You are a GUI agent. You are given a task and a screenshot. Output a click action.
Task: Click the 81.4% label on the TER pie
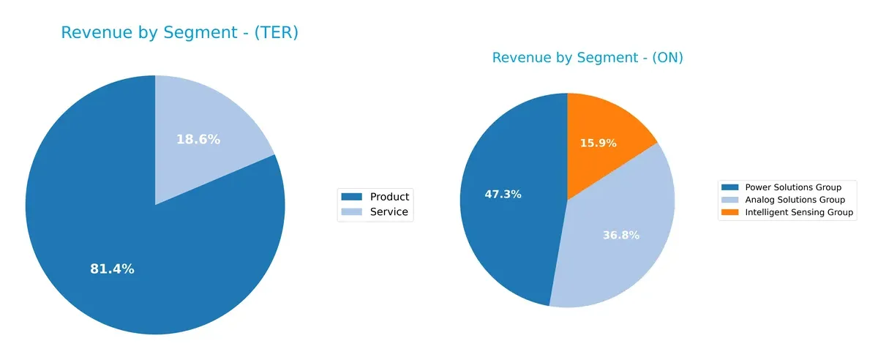point(112,269)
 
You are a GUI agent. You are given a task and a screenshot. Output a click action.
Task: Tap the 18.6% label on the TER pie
point(198,139)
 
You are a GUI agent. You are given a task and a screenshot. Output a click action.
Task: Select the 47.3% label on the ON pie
point(503,195)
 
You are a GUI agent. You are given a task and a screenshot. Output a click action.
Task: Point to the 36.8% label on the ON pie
point(621,235)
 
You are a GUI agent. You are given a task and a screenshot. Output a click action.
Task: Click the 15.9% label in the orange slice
point(598,143)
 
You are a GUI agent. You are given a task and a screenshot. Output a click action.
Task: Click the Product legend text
point(389,196)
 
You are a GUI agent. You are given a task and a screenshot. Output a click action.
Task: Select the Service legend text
point(389,213)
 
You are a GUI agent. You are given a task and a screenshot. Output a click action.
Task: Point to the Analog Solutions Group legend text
point(795,200)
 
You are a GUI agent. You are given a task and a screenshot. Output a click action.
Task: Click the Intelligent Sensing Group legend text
point(799,213)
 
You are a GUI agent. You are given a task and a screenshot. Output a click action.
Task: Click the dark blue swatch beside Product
point(353,196)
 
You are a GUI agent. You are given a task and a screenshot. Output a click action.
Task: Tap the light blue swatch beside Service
point(353,213)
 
